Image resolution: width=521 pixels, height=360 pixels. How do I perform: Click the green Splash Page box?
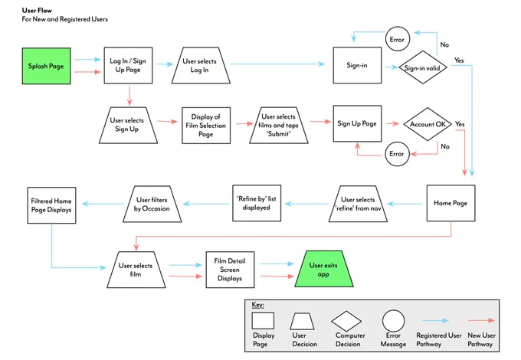45,67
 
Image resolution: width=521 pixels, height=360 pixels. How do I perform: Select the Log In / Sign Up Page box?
129,66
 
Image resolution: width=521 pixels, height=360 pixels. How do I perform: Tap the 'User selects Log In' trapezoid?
199,66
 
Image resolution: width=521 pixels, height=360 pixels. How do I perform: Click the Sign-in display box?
357,66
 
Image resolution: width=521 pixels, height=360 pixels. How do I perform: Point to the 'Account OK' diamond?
428,125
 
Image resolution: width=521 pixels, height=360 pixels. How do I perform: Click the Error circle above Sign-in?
396,40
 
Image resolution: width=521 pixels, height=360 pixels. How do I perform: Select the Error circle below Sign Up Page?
396,154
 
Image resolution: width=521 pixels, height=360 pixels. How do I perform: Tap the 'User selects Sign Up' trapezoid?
128,125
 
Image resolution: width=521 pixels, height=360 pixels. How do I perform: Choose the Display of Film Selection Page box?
206,125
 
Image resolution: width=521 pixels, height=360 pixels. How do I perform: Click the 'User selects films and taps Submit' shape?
279,125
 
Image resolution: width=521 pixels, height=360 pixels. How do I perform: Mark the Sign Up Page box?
357,124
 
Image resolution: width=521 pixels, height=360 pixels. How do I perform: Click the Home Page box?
451,204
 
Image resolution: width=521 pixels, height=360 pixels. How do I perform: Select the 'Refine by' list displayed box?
256,204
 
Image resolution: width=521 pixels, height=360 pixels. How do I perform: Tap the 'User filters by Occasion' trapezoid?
152,204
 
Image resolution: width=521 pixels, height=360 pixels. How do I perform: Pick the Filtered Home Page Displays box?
52,205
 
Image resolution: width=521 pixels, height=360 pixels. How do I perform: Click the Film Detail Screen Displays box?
230,270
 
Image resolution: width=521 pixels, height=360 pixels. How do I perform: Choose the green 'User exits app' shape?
323,270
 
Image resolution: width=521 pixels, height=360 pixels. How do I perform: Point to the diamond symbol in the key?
346,320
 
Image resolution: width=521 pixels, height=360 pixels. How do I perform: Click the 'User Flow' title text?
38,10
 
